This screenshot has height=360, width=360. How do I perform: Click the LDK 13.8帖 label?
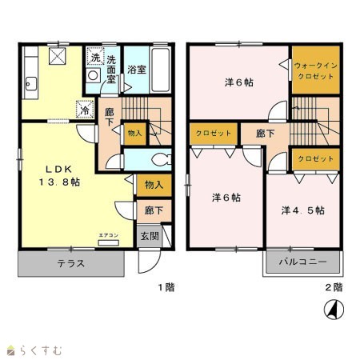59,175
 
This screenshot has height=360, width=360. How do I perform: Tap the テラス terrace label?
71,263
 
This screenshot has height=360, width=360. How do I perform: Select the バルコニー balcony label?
302,262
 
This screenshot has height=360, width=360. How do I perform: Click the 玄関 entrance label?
150,236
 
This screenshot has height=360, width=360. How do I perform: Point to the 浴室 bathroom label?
137,70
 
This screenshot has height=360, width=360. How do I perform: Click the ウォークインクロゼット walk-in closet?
316,70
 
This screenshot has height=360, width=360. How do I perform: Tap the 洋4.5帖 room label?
302,210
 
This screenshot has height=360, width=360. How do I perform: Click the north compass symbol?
334,310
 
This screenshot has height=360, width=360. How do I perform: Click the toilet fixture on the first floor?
162,160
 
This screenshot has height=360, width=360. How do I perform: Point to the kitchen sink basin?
30,84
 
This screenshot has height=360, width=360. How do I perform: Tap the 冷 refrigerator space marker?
85,110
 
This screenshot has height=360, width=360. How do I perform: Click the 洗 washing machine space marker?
95,56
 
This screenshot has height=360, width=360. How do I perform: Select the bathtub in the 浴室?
160,70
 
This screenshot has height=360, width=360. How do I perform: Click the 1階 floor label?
166,287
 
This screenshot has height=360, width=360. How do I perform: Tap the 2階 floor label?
334,287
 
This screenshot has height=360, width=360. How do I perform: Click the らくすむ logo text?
41,350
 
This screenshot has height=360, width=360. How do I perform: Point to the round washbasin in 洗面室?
93,75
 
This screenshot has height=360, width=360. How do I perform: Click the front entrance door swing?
150,261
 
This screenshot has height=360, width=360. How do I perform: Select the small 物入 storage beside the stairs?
135,134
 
